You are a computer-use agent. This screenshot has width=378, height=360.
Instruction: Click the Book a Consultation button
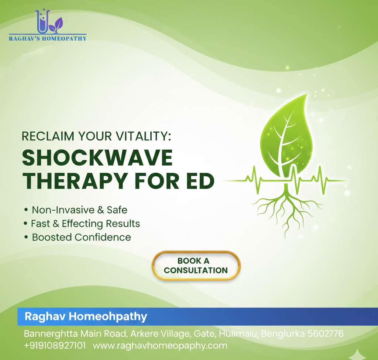tap(196, 266)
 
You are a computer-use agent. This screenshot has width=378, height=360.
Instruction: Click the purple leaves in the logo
tap(56, 25)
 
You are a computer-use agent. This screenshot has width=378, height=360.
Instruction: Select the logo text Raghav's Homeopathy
tap(48, 38)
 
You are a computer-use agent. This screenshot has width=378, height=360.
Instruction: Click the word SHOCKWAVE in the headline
tap(97, 158)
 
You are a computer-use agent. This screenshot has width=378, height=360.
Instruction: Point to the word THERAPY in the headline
tap(75, 181)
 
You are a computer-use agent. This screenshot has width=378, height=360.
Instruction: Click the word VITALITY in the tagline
tap(143, 136)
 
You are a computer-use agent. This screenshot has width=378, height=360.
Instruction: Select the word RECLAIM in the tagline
tap(48, 136)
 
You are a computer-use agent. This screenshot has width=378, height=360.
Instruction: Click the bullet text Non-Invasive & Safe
tap(80, 210)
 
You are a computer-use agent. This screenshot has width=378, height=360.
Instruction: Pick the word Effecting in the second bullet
tap(82, 224)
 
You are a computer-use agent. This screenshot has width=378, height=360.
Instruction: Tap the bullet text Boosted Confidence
tap(82, 237)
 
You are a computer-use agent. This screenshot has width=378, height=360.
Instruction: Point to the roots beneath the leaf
tap(286, 210)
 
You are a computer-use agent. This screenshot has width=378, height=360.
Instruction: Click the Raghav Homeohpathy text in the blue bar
tap(86, 316)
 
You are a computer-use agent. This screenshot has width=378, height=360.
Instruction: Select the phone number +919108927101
tap(55, 346)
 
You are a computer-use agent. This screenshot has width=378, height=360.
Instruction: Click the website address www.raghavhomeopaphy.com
tap(160, 346)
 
